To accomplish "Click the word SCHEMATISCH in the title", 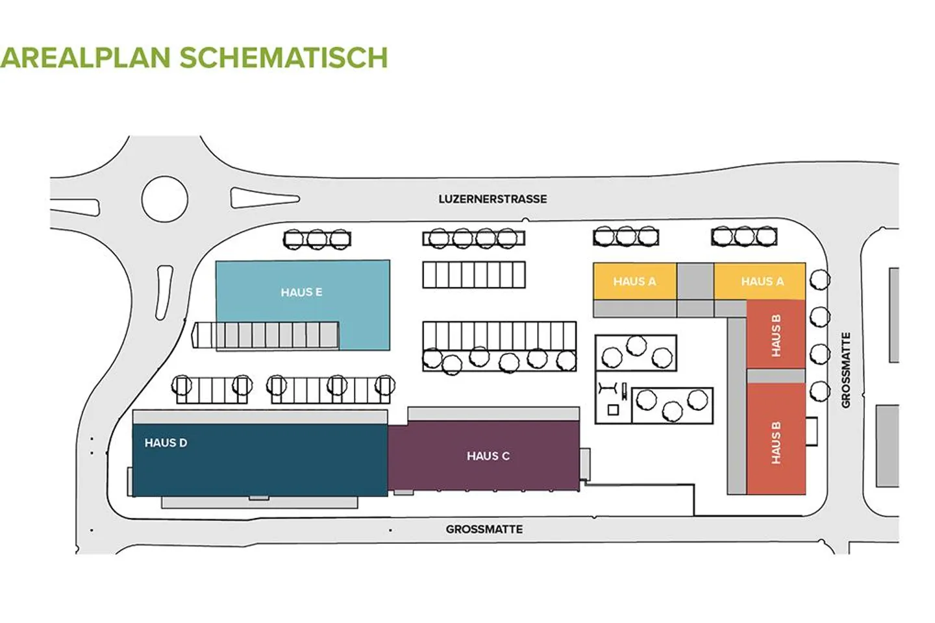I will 283,57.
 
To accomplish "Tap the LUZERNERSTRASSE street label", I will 492,199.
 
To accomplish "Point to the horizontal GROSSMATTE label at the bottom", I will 484,530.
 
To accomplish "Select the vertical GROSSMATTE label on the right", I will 845,370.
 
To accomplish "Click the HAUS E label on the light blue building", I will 301,293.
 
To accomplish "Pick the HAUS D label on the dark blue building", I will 166,443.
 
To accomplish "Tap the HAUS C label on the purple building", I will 488,456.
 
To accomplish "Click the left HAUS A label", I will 634,282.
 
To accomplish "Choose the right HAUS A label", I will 762,282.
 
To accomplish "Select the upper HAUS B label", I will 776,336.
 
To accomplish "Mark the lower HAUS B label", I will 776,443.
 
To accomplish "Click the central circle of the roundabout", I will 164,199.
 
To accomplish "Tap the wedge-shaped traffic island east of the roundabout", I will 263,198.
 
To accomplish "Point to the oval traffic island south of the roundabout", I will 164,292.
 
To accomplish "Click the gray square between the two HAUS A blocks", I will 695,281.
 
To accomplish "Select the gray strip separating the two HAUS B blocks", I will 776,376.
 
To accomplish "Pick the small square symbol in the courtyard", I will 612,409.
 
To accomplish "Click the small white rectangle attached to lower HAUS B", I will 811,432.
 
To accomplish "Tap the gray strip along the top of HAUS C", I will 493,413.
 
